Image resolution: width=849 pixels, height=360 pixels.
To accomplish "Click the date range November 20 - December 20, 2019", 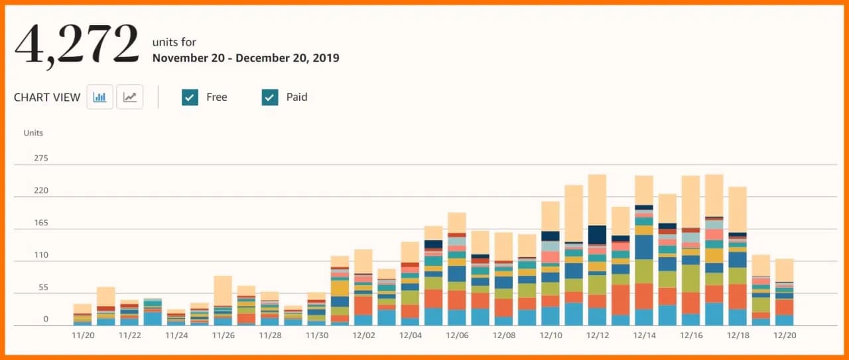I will (245, 58).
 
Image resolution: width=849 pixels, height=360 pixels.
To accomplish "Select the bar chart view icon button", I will (100, 97).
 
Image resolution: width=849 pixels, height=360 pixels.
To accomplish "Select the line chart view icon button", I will (130, 97).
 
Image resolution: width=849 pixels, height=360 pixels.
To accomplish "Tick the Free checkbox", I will (190, 97).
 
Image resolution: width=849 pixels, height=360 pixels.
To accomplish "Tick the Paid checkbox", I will (270, 97).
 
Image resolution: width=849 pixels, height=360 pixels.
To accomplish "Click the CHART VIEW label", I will (47, 97).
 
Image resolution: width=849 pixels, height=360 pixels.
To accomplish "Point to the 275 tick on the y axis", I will (40, 158).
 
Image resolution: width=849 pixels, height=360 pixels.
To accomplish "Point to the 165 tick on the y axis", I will (40, 223).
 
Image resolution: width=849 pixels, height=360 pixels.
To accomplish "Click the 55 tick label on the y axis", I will (43, 287).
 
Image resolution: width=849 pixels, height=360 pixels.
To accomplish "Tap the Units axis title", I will (33, 133).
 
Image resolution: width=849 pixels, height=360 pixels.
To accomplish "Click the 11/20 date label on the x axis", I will (82, 335).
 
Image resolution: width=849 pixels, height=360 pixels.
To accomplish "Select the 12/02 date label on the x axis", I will (363, 335).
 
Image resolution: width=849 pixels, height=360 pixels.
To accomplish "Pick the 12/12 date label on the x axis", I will (598, 335).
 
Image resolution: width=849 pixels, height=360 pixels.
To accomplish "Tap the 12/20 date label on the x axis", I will (785, 335).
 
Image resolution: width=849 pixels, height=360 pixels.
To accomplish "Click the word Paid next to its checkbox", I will (296, 97).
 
